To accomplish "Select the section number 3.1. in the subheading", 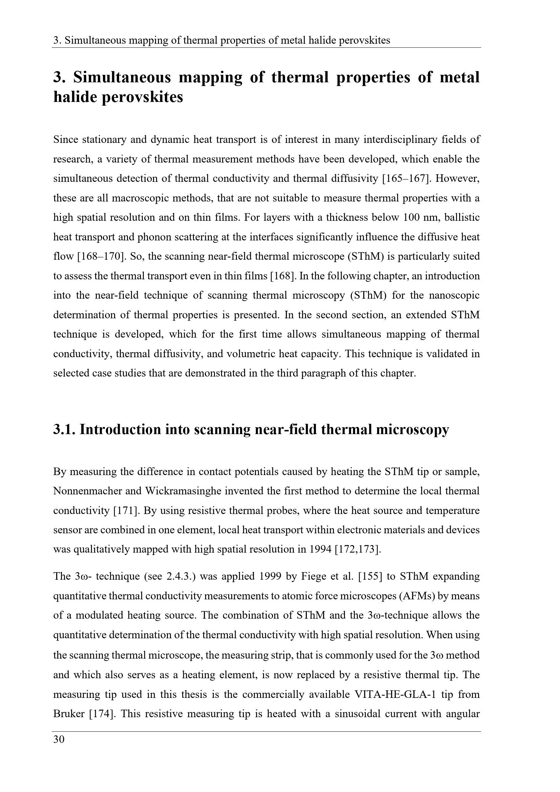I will tap(64, 430).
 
